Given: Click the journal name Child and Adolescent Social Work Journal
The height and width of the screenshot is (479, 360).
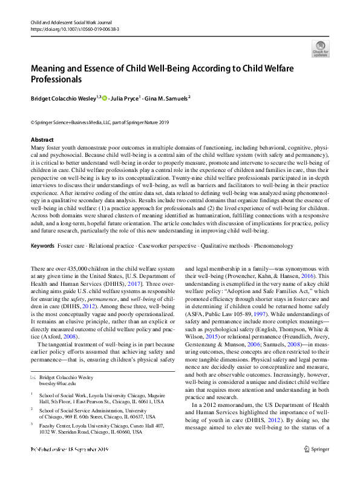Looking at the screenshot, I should click(x=72, y=22).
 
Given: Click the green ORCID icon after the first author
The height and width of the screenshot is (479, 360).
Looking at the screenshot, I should click(x=104, y=97).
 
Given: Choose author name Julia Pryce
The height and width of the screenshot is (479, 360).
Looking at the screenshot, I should click(x=125, y=97).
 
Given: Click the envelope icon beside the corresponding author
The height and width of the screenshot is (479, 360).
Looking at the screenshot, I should click(x=33, y=377).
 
